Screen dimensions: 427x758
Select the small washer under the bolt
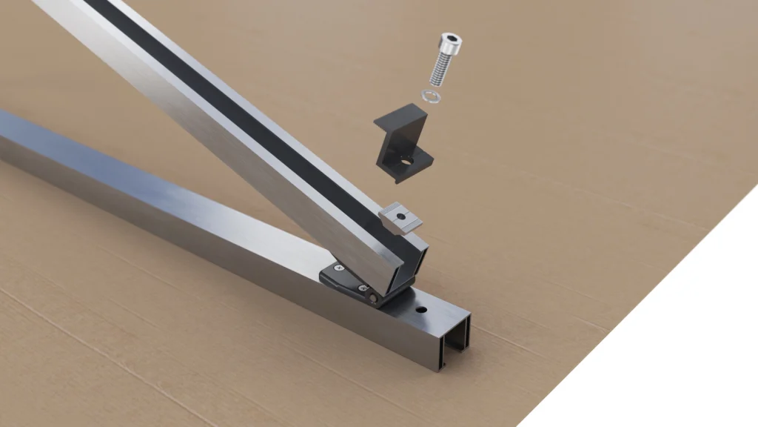click(430, 96)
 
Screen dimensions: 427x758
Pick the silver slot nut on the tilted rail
click(400, 217)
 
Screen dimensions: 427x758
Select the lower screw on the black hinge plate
click(362, 288)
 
